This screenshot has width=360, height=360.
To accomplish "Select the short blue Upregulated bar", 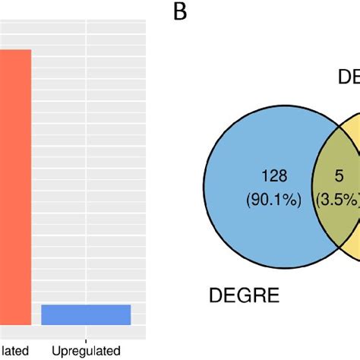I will click(86, 314).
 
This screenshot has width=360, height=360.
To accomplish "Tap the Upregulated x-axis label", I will click(86, 350).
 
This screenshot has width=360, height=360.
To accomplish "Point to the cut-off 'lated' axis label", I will click(15, 350).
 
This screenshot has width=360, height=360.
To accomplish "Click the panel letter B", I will click(180, 13).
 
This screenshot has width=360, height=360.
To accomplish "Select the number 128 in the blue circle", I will click(274, 176).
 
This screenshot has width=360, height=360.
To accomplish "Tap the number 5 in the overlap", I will click(339, 176).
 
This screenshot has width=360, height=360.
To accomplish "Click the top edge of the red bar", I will click(15, 50).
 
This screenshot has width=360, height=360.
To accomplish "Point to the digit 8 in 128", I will click(283, 176).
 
